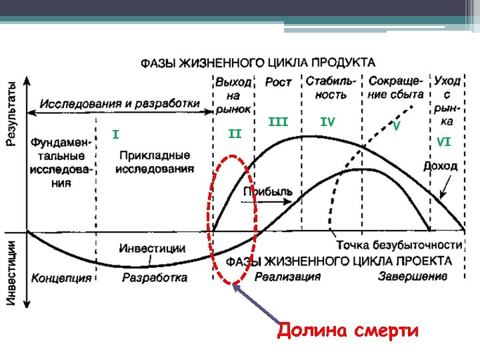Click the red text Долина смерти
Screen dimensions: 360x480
[x=347, y=331]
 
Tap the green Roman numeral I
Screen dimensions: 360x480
[x=115, y=135]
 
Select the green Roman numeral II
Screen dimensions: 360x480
[x=235, y=135]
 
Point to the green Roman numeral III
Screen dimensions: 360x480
[x=277, y=122]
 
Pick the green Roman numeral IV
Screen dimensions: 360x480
[x=327, y=122]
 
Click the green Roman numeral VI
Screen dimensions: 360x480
[x=444, y=141]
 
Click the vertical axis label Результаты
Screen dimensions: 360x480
[x=12, y=113]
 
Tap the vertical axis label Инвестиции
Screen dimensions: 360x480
[x=11, y=273]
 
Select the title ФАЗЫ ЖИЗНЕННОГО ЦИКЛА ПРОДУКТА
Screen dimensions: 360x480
[x=257, y=63]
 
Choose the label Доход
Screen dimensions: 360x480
[x=440, y=165]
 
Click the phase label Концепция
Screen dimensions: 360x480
[x=61, y=278]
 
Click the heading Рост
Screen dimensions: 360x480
[x=278, y=83]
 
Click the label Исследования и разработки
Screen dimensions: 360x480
[x=119, y=104]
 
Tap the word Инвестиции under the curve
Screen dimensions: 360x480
[x=152, y=248]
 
